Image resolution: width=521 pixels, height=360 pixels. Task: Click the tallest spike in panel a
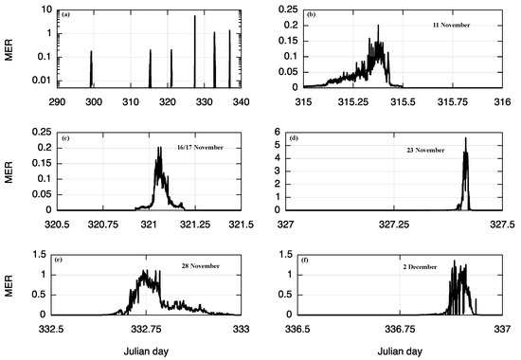click(x=194, y=17)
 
